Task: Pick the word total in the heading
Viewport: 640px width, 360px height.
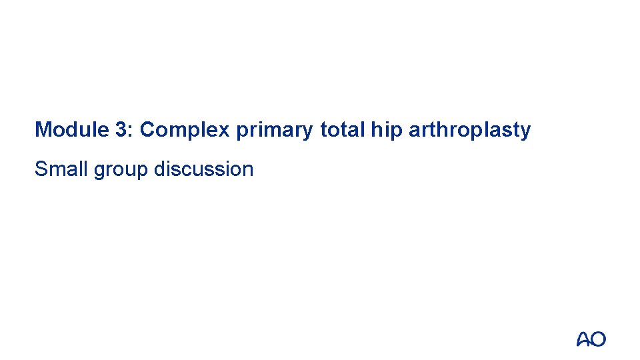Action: [x=341, y=129]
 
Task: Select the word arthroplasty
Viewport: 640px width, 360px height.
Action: [x=469, y=131]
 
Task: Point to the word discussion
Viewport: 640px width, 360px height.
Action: [x=203, y=169]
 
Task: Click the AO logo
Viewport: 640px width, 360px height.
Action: [x=591, y=339]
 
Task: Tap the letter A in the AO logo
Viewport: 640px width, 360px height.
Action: [x=584, y=339]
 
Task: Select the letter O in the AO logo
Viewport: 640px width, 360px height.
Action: [x=599, y=339]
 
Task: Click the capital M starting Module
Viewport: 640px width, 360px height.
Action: [x=43, y=129]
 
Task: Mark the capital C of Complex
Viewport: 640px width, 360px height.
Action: [x=148, y=129]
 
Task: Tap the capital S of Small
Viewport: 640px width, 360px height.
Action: [x=41, y=169]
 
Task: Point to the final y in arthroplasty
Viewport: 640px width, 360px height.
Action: [x=526, y=132]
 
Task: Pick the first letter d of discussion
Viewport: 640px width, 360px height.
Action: [x=159, y=169]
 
